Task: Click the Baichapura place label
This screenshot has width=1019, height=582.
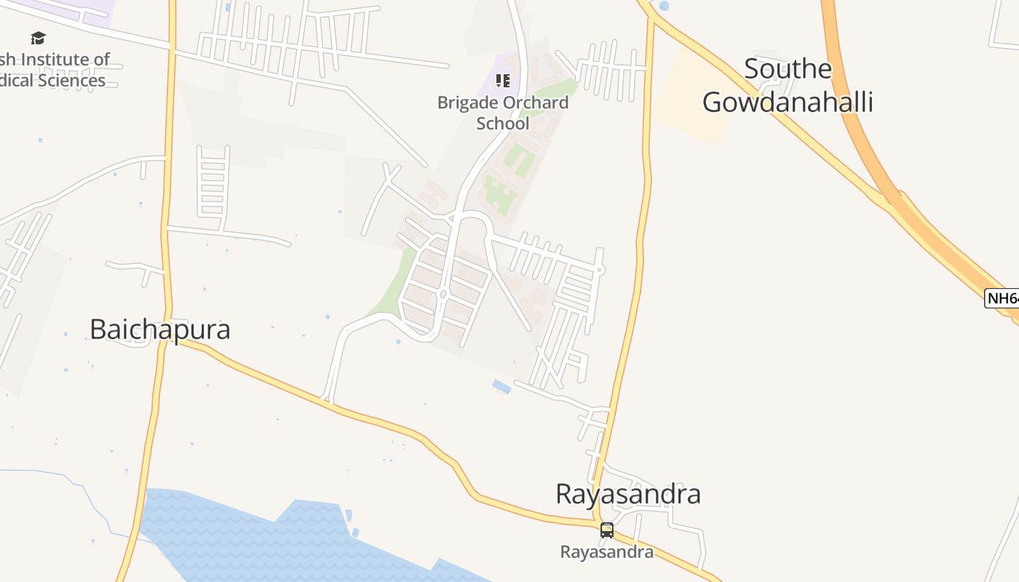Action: [159, 330]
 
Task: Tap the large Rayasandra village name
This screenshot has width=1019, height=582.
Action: [627, 494]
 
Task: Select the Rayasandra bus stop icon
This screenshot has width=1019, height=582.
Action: [607, 530]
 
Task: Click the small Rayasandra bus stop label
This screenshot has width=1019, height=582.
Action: [606, 552]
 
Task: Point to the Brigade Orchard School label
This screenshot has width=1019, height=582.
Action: [503, 113]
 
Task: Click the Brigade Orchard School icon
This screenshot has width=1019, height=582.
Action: [503, 80]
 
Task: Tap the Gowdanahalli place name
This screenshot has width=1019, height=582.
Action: [788, 103]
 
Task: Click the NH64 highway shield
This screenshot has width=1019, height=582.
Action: [1002, 298]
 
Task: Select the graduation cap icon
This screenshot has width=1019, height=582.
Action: [38, 38]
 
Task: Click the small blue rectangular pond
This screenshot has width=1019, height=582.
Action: [501, 386]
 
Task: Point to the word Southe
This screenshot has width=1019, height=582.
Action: [788, 69]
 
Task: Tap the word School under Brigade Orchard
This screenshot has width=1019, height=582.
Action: [503, 124]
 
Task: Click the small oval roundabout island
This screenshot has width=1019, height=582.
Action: [443, 294]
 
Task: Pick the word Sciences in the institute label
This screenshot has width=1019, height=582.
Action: [72, 81]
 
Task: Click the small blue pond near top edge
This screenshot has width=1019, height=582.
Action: [664, 6]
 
